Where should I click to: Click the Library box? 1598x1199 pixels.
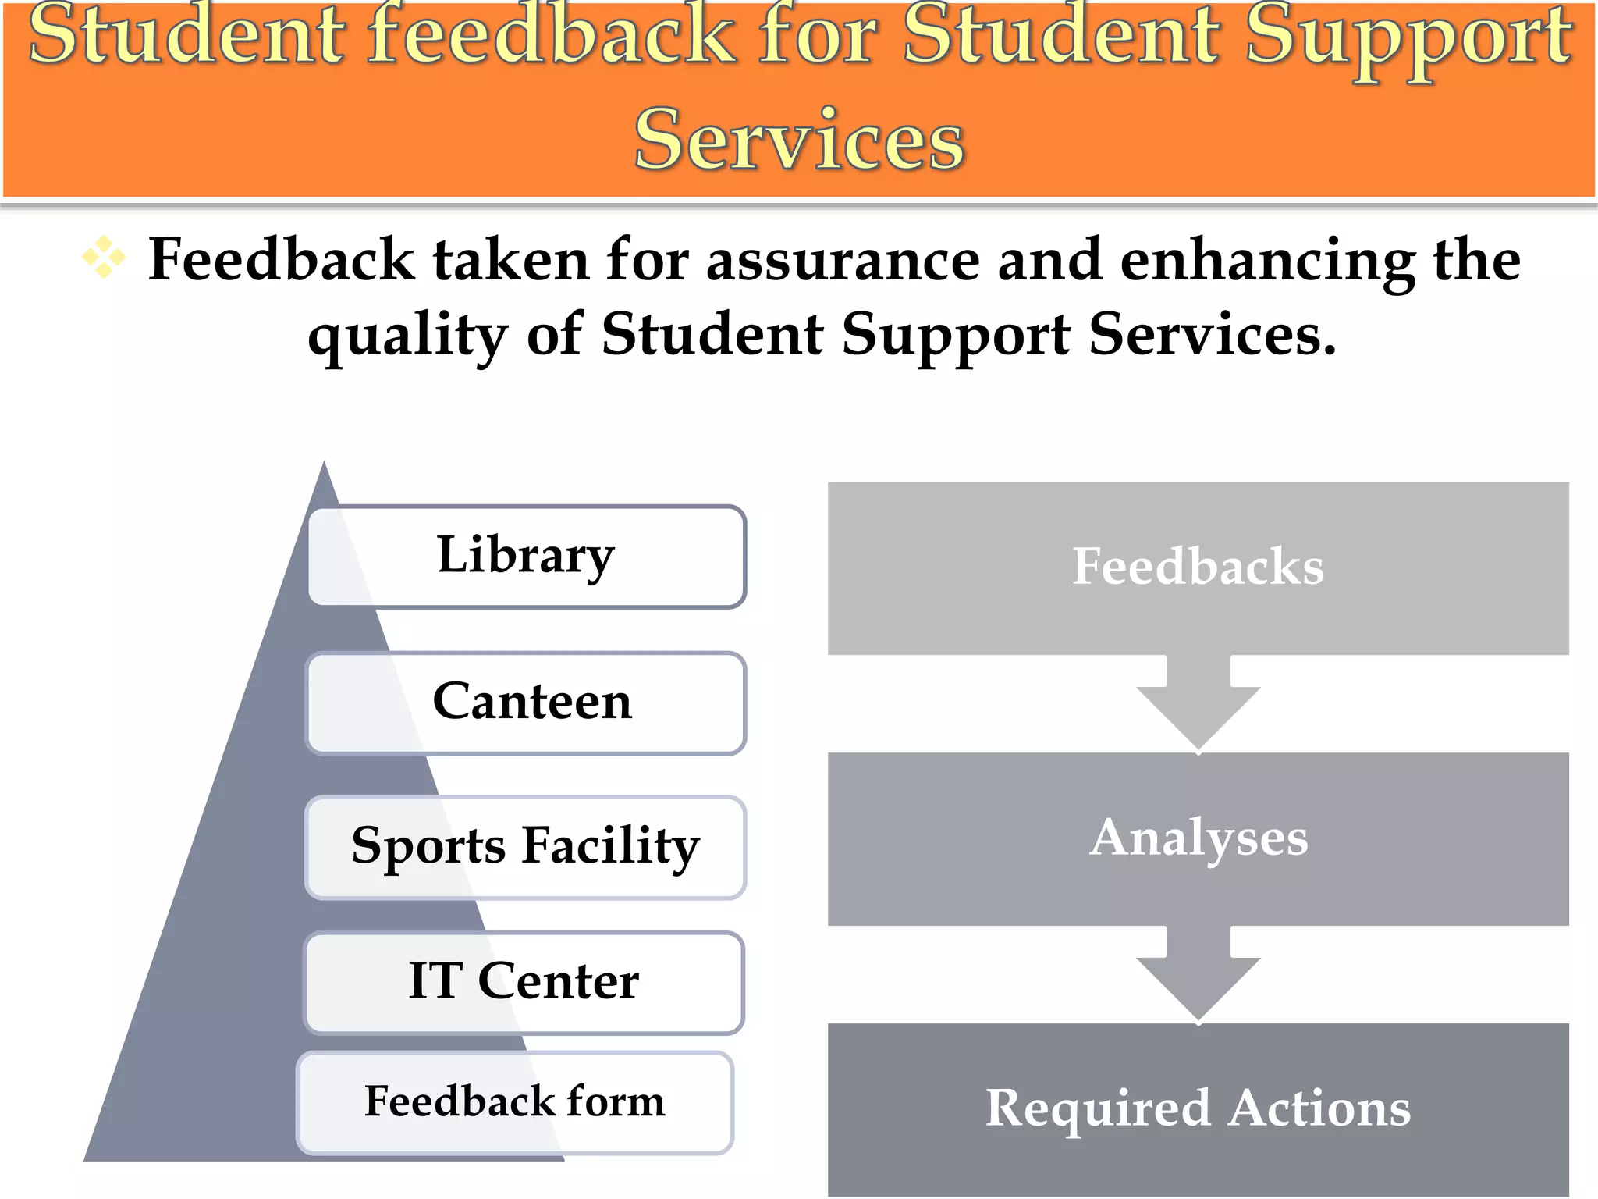click(527, 557)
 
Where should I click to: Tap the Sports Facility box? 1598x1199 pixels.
click(525, 847)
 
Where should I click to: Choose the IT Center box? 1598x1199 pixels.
click(524, 983)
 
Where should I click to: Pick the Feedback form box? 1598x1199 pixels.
click(515, 1102)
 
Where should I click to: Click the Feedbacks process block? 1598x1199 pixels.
click(1198, 567)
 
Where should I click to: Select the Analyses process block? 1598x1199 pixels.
click(1198, 838)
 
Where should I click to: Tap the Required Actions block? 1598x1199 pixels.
click(1198, 1108)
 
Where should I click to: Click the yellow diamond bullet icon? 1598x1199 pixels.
click(104, 258)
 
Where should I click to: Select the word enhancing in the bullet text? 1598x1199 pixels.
click(1267, 262)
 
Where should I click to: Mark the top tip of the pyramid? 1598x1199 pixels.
click(324, 464)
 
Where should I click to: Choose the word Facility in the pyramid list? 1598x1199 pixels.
click(610, 847)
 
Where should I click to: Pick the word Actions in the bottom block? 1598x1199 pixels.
click(1319, 1108)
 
